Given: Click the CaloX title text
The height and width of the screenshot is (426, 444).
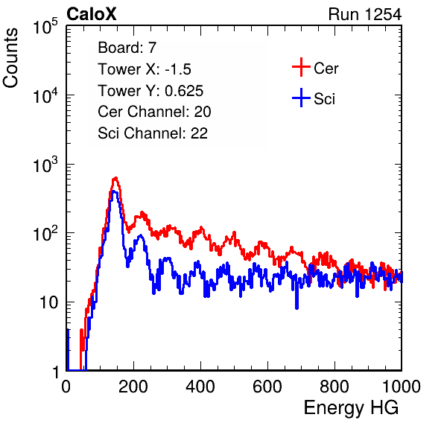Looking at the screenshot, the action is click(x=91, y=14).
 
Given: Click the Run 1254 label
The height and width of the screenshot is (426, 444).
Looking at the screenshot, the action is click(x=365, y=14).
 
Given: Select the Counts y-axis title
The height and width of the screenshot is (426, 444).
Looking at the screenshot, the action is click(x=10, y=58).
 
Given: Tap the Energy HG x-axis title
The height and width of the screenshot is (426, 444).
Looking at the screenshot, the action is click(x=351, y=408).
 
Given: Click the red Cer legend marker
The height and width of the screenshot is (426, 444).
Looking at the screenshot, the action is click(x=301, y=67).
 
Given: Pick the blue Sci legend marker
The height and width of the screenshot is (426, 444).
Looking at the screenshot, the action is click(x=301, y=98).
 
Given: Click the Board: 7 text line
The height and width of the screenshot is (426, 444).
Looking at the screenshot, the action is click(x=127, y=48).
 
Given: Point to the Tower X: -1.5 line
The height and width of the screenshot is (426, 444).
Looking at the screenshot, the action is click(x=145, y=69).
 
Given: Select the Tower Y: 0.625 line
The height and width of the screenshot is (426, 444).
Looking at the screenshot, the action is click(x=150, y=91).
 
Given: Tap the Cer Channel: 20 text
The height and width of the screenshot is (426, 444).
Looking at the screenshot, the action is click(x=154, y=112).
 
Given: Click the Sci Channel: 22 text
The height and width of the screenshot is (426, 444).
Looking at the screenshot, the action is click(x=153, y=133).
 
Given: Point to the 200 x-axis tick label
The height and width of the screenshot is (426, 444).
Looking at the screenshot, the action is click(x=133, y=387).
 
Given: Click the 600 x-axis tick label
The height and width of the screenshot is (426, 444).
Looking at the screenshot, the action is click(x=267, y=387).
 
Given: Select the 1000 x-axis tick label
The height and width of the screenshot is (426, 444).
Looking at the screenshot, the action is click(x=402, y=387).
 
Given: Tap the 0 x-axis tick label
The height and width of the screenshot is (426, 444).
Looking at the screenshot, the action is click(x=66, y=387).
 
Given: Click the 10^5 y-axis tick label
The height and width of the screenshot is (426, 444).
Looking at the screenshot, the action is click(x=45, y=26).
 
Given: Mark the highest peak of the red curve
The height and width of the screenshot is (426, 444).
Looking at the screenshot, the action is click(x=115, y=178).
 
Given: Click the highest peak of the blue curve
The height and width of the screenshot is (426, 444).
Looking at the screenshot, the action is click(x=114, y=191).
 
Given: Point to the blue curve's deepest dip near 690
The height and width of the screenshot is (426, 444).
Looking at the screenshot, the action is click(x=296, y=308).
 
